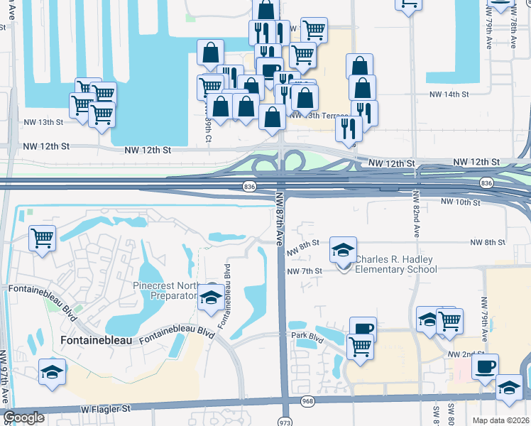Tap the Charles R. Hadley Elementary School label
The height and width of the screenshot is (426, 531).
396,264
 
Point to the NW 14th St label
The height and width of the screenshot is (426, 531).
449,94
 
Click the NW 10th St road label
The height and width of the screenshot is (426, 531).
461,202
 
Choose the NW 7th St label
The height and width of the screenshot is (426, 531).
305,271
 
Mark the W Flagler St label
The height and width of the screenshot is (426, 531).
106,409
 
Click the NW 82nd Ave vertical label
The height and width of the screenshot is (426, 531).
416,221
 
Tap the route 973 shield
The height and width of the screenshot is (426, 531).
284,420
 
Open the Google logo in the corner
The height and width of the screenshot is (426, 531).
24,417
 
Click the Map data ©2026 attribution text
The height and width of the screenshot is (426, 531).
501,420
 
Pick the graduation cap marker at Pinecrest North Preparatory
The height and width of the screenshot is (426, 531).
210,297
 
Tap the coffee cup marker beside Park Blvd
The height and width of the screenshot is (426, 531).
363,329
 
